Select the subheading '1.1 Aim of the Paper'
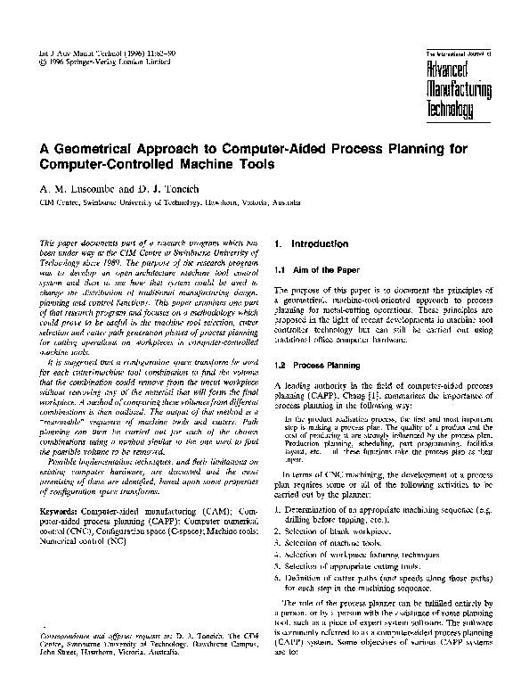tap(316, 269)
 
